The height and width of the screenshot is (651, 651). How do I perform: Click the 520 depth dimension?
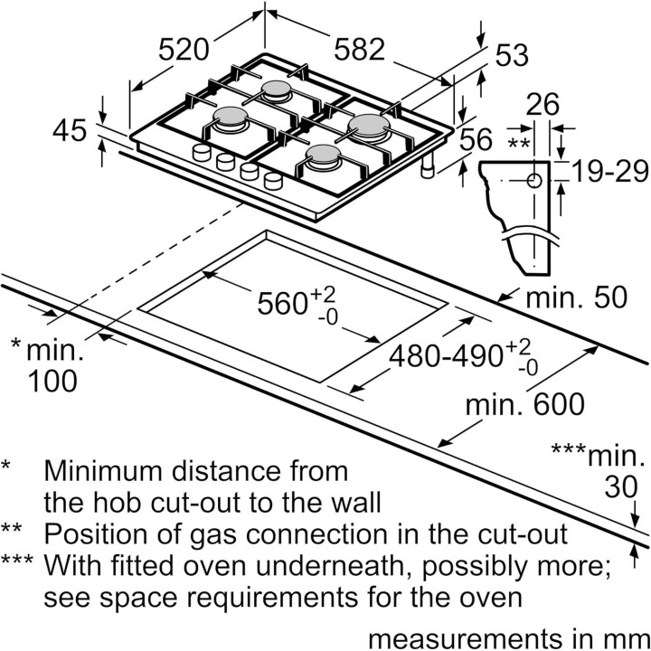[x=184, y=50]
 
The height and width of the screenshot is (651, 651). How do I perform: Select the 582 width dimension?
[x=360, y=50]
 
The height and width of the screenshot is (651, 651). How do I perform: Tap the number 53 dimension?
[x=512, y=55]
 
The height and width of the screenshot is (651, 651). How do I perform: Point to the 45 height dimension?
[x=70, y=130]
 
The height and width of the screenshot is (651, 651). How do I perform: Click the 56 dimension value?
[x=476, y=139]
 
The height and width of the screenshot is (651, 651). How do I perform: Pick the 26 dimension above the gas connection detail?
[x=542, y=104]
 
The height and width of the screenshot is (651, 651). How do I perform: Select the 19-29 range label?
[x=610, y=171]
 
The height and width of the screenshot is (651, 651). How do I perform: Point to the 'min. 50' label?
[x=576, y=297]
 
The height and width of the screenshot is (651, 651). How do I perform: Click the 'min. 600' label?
[x=524, y=404]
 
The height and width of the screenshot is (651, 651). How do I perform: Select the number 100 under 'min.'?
[x=52, y=382]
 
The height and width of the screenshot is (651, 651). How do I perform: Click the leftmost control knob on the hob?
[x=202, y=153]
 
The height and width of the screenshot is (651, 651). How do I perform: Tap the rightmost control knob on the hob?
[x=273, y=181]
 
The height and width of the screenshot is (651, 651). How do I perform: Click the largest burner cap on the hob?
[x=369, y=124]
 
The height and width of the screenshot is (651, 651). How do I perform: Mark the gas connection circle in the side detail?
[x=534, y=181]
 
